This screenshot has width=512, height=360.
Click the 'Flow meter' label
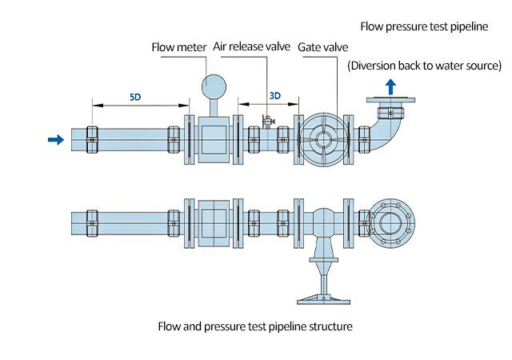[179, 47]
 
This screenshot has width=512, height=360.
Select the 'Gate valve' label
[323, 47]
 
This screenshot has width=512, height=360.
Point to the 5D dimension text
[137, 95]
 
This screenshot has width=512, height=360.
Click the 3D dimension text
[274, 95]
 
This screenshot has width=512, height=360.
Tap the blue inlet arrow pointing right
[55, 139]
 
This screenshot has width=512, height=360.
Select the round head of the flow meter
[214, 85]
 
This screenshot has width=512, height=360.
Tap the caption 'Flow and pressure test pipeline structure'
[255, 326]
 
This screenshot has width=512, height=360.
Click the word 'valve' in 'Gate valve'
[335, 47]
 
